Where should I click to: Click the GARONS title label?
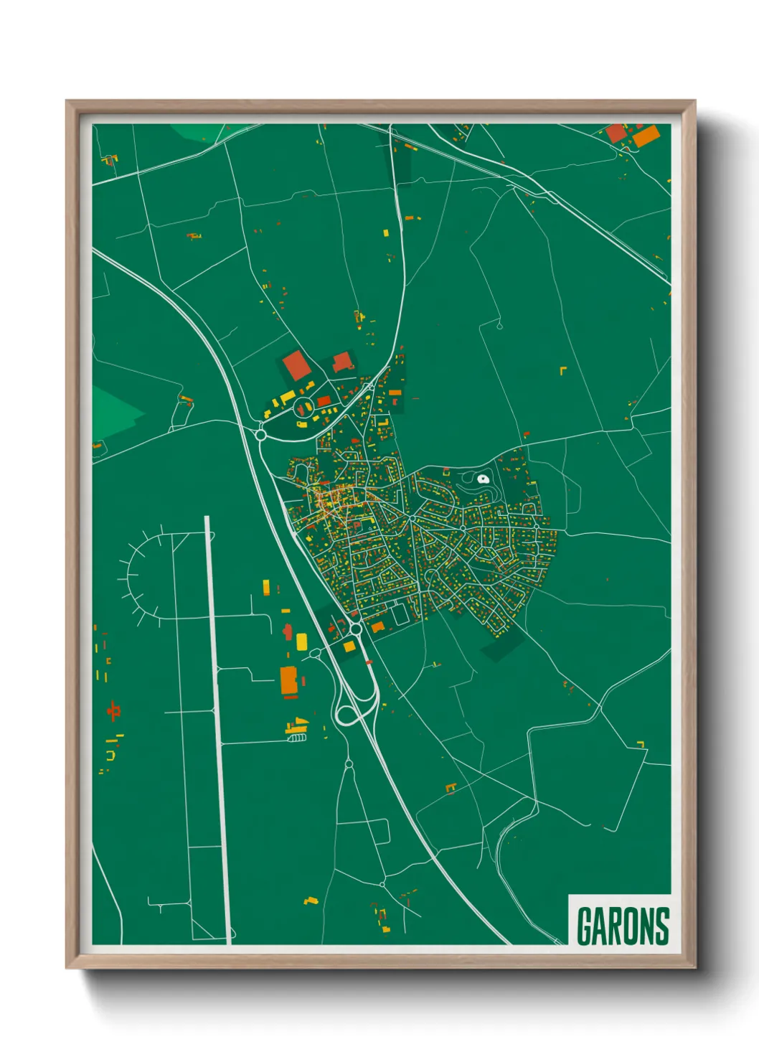click(x=622, y=926)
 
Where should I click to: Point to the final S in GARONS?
click(x=661, y=926)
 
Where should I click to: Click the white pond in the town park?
click(x=483, y=479)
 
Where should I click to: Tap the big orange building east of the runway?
click(x=288, y=681)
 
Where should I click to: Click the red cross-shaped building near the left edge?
click(x=113, y=711)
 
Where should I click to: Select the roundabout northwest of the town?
click(x=261, y=434)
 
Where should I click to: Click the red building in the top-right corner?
click(x=616, y=133)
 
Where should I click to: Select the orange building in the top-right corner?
click(x=646, y=136)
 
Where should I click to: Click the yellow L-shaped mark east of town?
click(x=563, y=370)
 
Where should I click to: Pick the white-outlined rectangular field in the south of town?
click(x=400, y=614)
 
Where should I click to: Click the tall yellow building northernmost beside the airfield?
click(x=266, y=587)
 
